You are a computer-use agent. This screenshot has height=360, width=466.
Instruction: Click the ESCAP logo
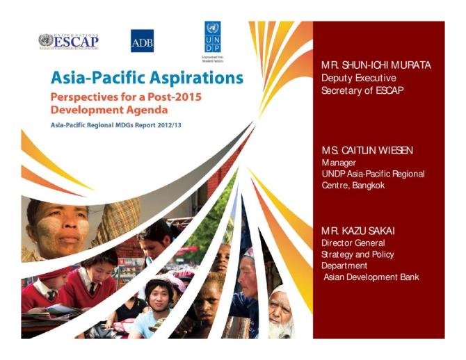68,41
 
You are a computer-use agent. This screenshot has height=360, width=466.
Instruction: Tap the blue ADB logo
142,41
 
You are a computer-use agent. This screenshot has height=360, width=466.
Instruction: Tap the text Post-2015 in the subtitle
172,97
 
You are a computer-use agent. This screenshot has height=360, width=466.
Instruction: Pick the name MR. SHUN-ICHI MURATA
376,65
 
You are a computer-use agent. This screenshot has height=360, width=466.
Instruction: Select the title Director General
353,243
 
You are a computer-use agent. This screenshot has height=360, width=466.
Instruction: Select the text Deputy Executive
358,78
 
